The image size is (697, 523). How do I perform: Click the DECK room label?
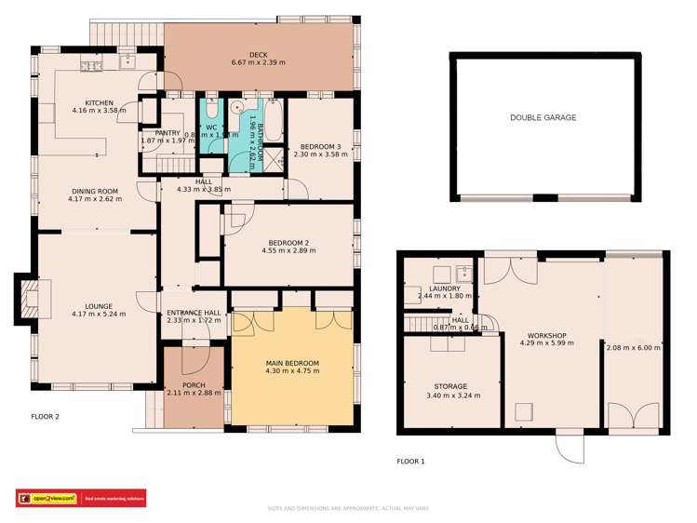click(259, 55)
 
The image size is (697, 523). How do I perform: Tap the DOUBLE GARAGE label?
click(543, 118)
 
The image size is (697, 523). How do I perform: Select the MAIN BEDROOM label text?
click(292, 363)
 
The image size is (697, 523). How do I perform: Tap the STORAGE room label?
click(449, 385)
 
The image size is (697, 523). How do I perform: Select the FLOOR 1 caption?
click(410, 461)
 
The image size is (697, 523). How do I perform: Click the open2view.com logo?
click(46, 498)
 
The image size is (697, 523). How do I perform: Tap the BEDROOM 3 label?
click(319, 146)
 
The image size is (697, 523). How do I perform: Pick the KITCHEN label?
click(99, 103)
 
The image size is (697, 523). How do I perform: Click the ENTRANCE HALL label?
click(193, 312)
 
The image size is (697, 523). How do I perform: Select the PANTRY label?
click(168, 133)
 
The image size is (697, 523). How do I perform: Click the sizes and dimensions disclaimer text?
click(348, 507)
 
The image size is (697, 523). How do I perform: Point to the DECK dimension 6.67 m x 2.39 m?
click(259, 63)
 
